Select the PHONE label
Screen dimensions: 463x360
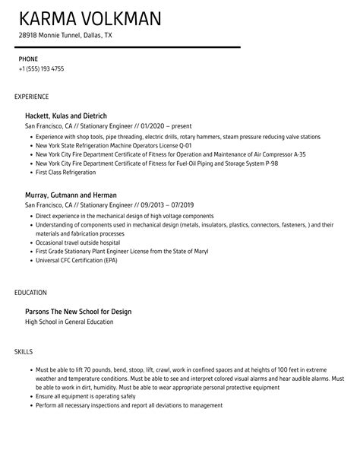(29, 59)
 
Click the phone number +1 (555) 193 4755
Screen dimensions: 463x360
(42, 68)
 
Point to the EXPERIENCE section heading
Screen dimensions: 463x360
(32, 97)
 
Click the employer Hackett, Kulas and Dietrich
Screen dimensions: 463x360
(67, 116)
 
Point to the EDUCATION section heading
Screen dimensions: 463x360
(31, 292)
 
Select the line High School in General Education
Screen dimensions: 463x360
(69, 322)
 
